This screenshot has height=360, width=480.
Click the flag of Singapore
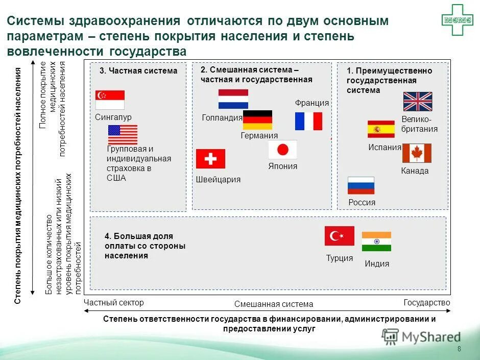tap(110, 100)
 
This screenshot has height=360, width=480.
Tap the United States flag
tap(123, 135)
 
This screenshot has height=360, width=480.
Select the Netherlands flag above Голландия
tap(233, 99)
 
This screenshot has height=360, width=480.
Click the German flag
tap(257, 120)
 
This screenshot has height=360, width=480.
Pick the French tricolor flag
tap(308, 121)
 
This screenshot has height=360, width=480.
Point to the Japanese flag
tap(282, 150)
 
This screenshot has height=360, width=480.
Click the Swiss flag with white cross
tap(210, 159)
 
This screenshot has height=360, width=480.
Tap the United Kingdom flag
tap(417, 102)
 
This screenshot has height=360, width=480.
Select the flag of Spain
tap(381, 129)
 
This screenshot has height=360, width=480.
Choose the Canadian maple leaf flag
tap(417, 153)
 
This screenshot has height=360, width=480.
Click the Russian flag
tap(361, 185)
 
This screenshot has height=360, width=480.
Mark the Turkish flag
tap(340, 236)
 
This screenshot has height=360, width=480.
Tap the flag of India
tap(376, 242)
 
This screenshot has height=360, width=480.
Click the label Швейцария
tap(218, 179)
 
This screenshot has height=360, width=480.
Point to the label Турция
tap(340, 258)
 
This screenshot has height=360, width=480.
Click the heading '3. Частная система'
tap(138, 71)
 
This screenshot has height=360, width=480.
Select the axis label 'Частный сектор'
tap(114, 302)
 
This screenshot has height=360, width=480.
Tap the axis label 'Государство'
tap(427, 302)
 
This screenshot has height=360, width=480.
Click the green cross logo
tap(458, 20)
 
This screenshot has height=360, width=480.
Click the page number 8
tap(459, 349)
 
